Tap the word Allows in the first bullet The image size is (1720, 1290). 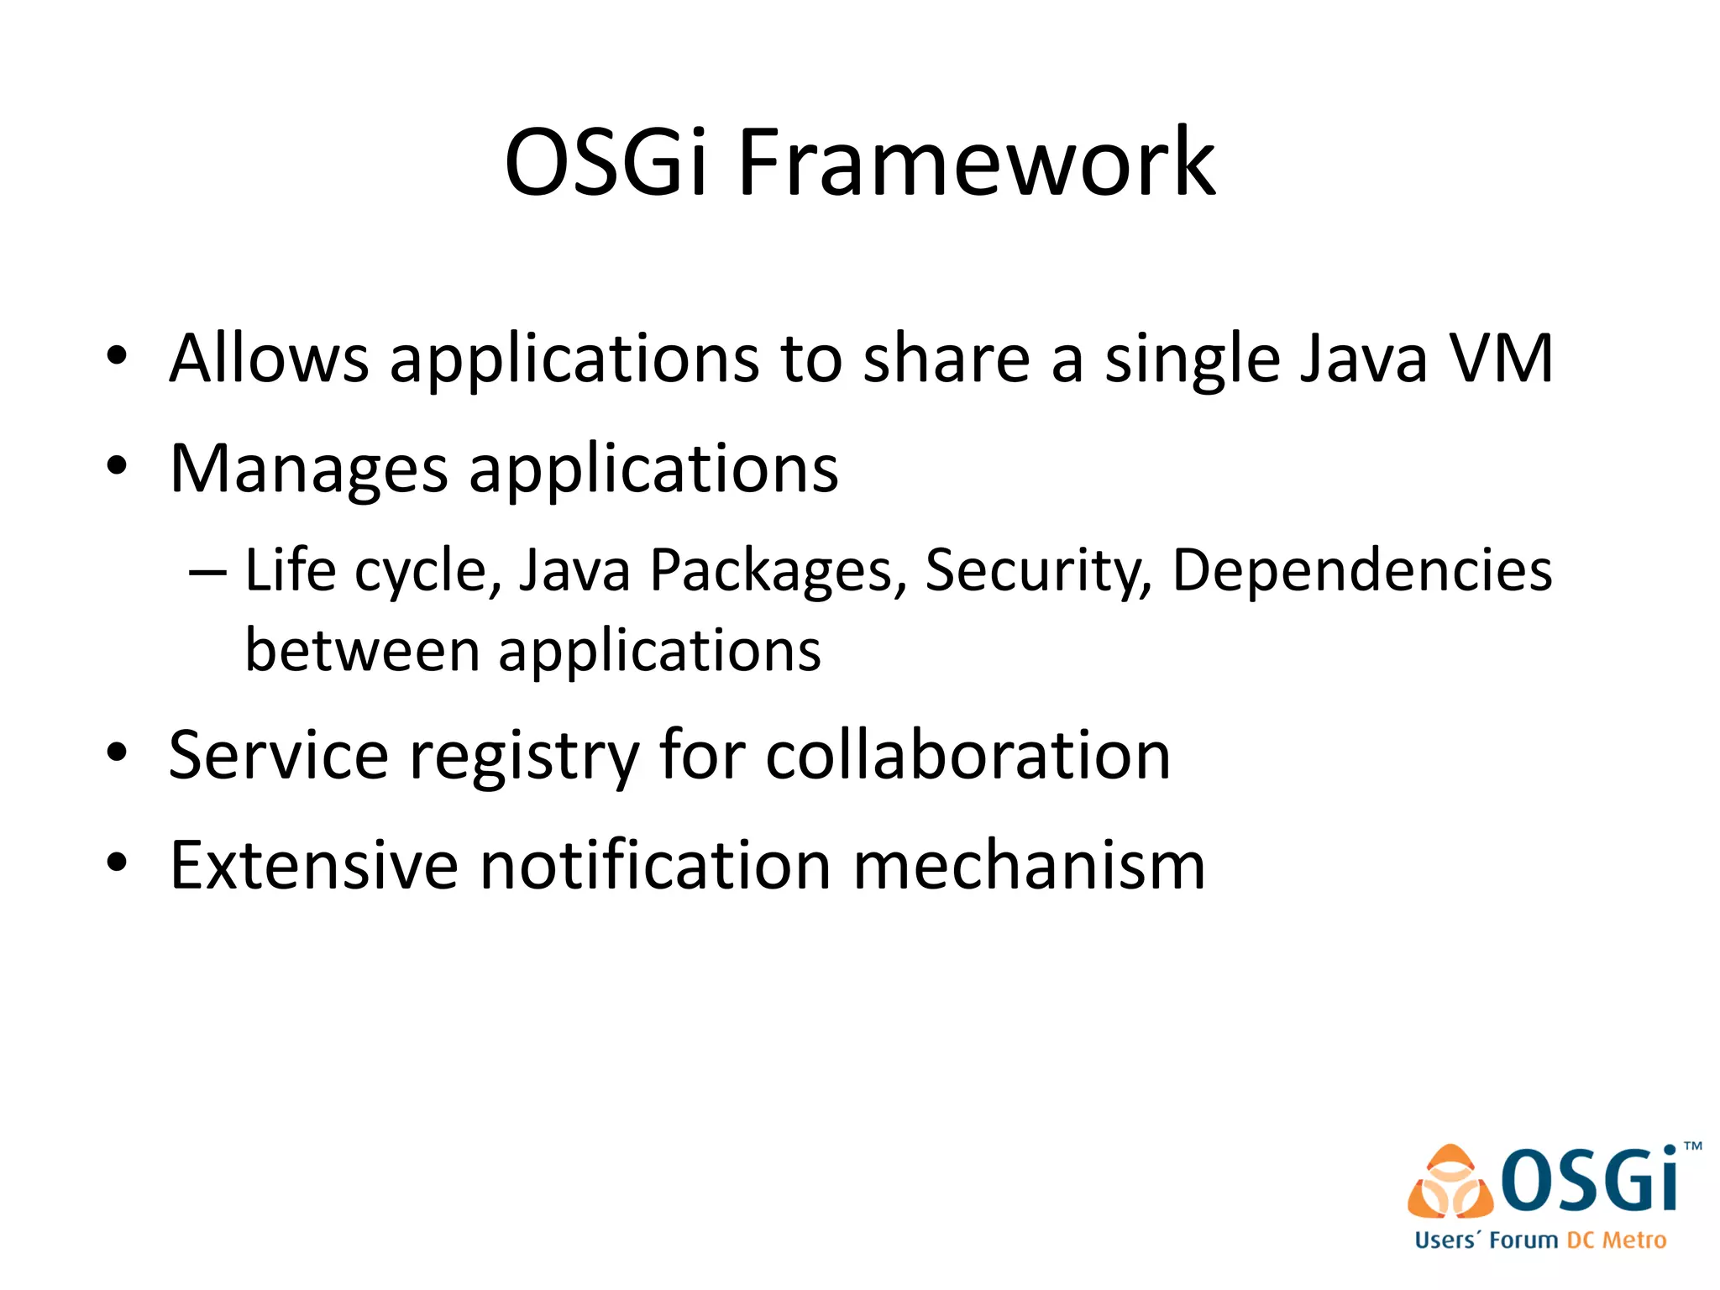[269, 359]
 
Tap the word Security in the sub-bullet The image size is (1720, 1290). [1038, 572]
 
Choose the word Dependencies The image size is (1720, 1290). [1361, 572]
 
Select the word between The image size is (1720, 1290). [362, 651]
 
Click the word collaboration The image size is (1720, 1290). [967, 755]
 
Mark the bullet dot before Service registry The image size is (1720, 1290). [117, 752]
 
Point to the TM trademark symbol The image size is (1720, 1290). [1693, 1146]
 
